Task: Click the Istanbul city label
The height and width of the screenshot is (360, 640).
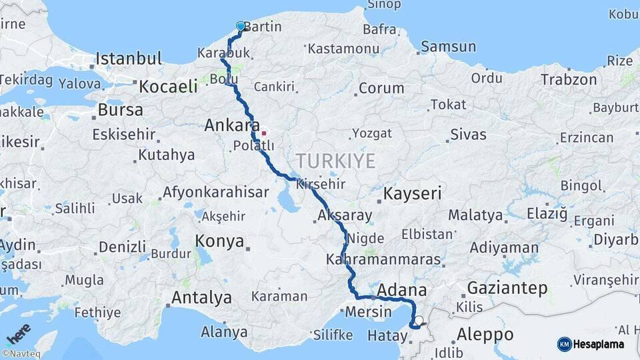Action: [129, 59]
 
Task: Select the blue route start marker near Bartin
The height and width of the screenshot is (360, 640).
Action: [241, 27]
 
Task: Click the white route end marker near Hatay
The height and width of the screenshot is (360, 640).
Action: [419, 321]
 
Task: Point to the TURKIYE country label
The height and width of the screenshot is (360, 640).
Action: [336, 161]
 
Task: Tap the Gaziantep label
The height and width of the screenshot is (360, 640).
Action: [507, 289]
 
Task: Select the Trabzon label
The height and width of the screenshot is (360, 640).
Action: [569, 79]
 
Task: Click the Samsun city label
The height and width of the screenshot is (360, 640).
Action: [448, 47]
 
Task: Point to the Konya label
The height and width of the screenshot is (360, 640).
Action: [219, 241]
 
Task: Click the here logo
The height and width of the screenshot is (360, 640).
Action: [18, 332]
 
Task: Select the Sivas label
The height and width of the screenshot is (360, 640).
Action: [468, 135]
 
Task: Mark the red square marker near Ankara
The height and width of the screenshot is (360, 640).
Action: [264, 133]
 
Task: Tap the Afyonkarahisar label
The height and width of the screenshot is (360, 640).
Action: [216, 193]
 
